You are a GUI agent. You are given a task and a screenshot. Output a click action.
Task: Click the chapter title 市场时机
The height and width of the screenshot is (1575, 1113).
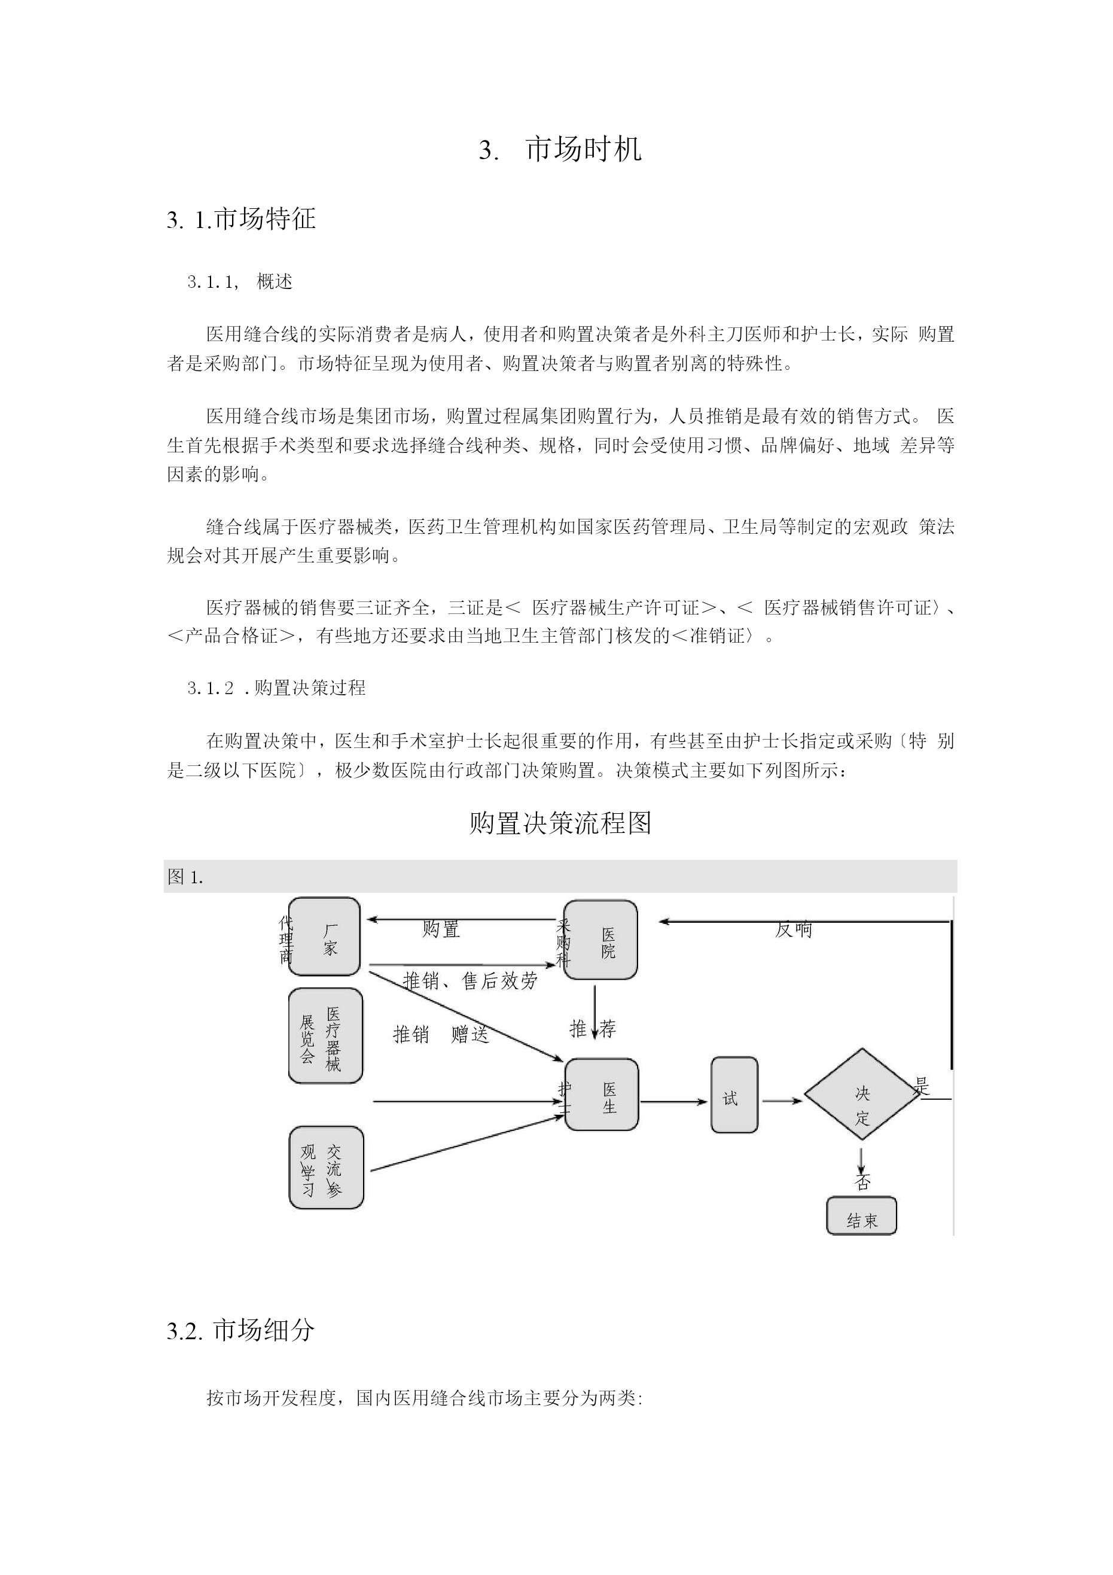pos(584,150)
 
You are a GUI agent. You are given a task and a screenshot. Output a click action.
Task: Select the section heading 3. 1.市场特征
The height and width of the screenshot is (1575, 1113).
pos(242,220)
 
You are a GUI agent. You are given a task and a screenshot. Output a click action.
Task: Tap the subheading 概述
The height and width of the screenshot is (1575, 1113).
pos(275,281)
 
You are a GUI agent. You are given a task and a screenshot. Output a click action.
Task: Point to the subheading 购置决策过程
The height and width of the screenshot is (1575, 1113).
pos(310,688)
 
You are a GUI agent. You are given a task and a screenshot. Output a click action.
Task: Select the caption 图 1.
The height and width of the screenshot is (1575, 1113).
pos(185,877)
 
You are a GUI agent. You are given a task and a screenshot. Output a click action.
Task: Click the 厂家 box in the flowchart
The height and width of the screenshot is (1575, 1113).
pos(324,937)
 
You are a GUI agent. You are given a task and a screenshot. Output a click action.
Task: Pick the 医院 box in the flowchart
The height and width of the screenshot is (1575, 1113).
pos(600,939)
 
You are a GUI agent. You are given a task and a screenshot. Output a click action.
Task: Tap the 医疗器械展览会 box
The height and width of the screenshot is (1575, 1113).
pos(326,1036)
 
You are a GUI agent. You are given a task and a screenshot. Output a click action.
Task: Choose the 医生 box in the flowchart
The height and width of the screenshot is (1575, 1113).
pos(602,1094)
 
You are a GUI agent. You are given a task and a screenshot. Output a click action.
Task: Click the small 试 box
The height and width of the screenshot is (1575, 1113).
pos(734,1095)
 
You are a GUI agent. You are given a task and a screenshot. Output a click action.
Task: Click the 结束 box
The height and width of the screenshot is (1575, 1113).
pos(861,1215)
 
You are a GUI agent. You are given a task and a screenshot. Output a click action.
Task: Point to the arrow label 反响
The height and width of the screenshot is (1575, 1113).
pos(794,930)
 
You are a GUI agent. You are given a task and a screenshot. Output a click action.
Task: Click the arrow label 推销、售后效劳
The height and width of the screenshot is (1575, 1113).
pos(471,981)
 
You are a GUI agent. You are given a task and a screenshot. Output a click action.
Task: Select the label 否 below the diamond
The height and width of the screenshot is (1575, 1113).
pos(862,1182)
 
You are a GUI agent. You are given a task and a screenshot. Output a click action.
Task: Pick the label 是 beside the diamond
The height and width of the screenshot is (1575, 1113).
pos(922,1086)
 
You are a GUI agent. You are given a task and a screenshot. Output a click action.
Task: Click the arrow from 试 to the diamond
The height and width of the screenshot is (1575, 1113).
pos(782,1102)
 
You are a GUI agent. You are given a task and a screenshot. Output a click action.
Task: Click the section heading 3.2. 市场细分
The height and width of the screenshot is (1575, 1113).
pos(240,1331)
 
